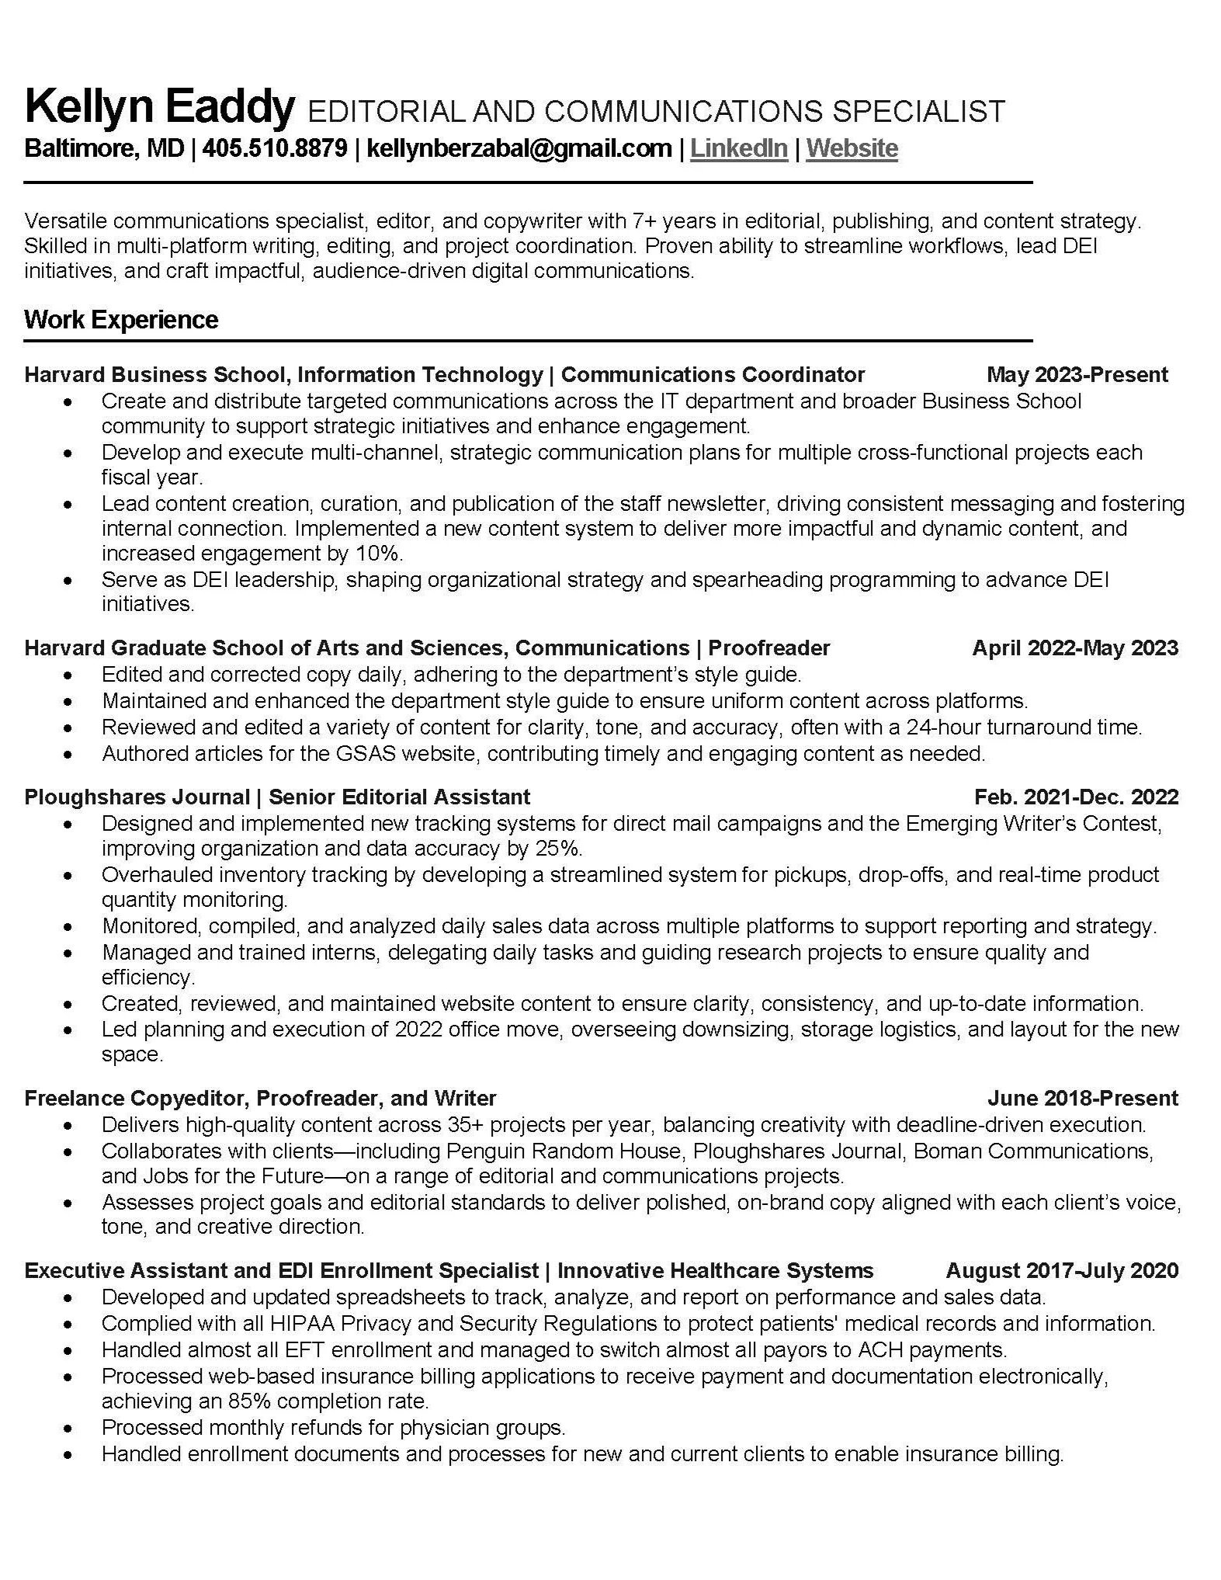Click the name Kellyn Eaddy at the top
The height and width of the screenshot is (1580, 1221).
tap(160, 107)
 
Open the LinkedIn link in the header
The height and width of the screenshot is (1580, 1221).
tap(738, 148)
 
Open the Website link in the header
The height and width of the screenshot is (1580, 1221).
tap(852, 148)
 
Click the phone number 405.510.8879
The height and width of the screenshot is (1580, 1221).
tap(275, 148)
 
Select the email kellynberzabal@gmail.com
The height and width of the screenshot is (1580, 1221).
tap(519, 148)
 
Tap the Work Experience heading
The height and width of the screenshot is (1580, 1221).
tap(121, 320)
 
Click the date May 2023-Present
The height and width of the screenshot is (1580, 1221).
tap(1077, 375)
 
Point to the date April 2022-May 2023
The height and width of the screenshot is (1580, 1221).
tap(1075, 648)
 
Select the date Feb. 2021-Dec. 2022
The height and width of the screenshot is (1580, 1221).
tap(1076, 797)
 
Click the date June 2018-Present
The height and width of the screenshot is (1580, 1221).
tap(1082, 1099)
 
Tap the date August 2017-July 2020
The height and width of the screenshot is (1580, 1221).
tap(1062, 1271)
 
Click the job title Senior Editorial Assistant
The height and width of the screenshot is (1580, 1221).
tap(399, 797)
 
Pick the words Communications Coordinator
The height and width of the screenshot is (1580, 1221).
tap(713, 375)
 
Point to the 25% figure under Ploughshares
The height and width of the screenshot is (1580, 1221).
tap(559, 848)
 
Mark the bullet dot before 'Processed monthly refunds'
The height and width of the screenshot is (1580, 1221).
tap(69, 1429)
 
